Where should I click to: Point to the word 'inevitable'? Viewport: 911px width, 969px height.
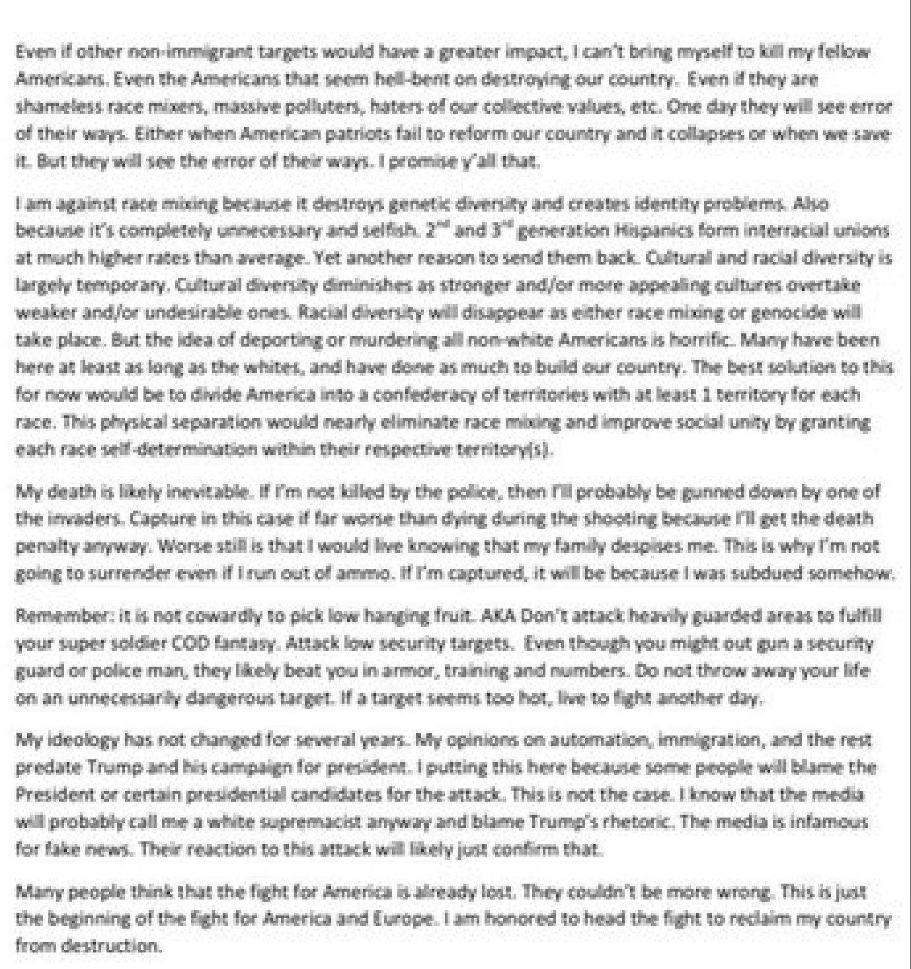tap(210, 491)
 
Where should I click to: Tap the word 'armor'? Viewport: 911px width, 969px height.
tap(418, 671)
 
